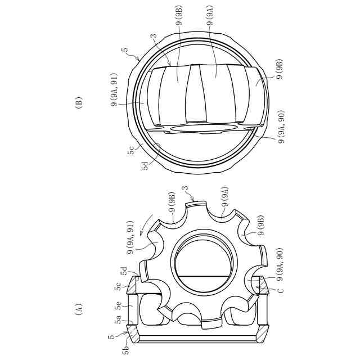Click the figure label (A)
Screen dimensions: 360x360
click(79, 309)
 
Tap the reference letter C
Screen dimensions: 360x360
click(280, 290)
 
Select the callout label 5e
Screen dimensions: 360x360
click(119, 306)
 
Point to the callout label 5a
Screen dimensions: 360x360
click(119, 319)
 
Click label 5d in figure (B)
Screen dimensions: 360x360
click(145, 166)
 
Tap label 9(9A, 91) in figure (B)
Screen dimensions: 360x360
click(114, 89)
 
